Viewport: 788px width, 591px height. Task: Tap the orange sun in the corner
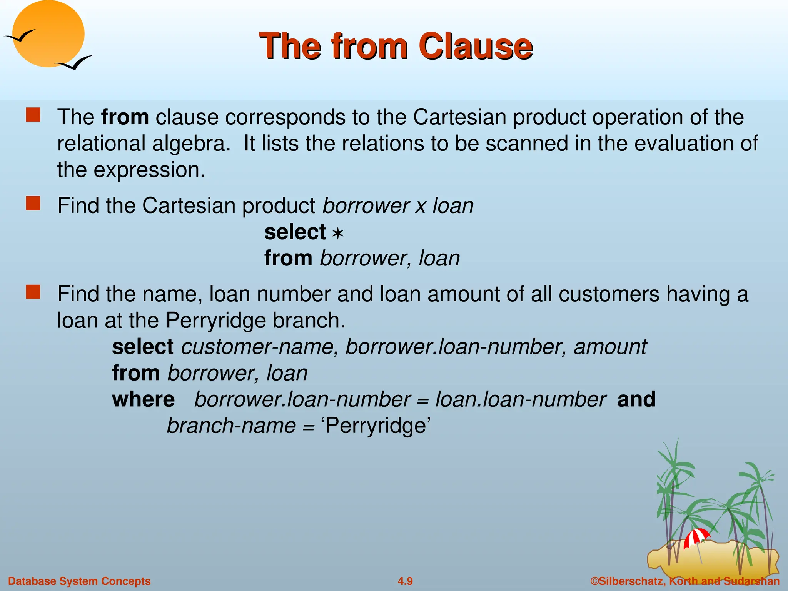click(48, 34)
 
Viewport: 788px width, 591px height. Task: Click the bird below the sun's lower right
click(74, 63)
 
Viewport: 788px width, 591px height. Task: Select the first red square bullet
click(33, 115)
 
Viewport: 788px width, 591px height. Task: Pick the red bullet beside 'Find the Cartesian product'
click(33, 204)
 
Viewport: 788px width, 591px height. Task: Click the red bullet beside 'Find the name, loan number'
click(33, 292)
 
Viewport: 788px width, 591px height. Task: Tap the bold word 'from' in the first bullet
click(125, 117)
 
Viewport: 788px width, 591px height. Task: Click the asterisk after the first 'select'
click(337, 234)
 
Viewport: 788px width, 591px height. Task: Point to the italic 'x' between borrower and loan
click(421, 206)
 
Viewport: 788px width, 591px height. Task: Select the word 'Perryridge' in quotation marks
click(376, 426)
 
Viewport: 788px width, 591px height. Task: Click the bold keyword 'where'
click(143, 399)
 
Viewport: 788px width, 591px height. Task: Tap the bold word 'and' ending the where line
click(636, 399)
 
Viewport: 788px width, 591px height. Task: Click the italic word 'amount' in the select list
click(610, 347)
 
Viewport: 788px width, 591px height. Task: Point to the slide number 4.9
click(405, 581)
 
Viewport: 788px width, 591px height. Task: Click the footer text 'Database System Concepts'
click(79, 581)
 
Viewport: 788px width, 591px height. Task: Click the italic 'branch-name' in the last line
click(231, 426)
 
